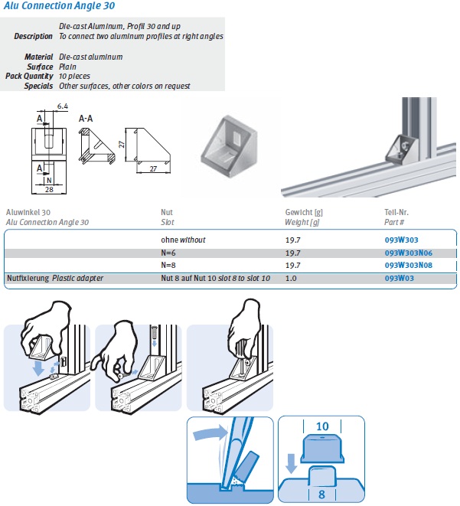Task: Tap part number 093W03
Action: pos(399,279)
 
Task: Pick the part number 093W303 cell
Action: pos(401,240)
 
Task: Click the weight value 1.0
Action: pos(290,279)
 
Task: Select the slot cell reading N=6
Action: pos(168,253)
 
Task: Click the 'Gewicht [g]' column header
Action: pos(302,213)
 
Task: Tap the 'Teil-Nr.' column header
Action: pos(397,213)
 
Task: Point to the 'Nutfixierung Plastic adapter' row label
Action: pos(54,279)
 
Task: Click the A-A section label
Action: pos(87,119)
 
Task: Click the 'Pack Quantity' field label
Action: pos(29,77)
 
